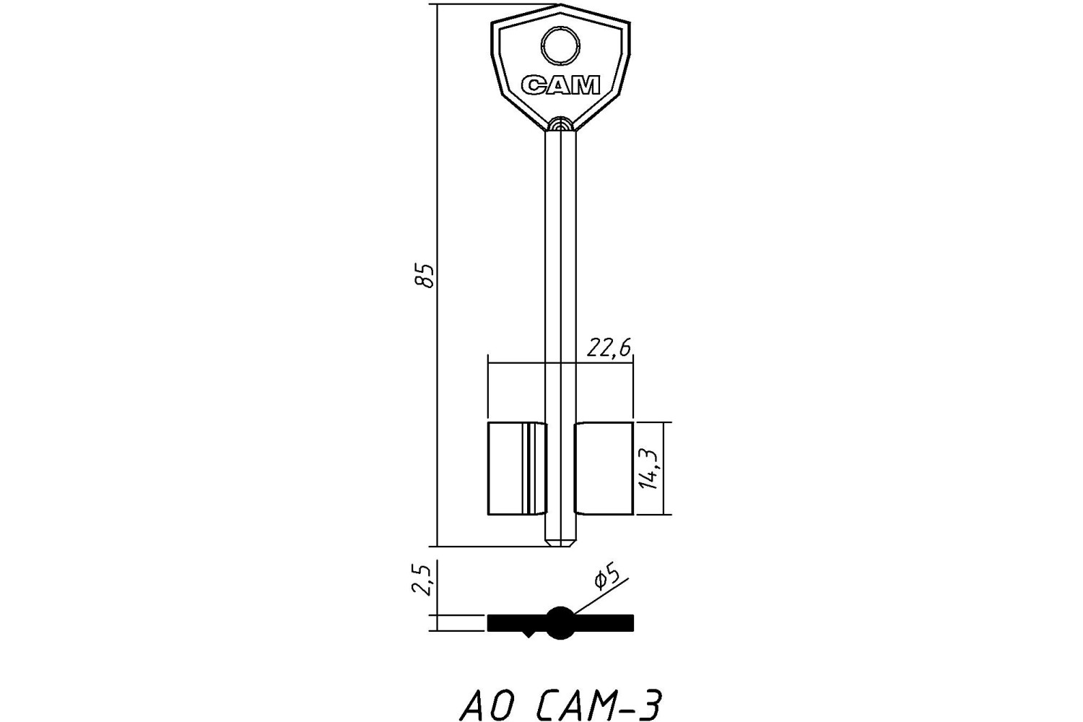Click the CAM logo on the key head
561,85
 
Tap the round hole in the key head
560,45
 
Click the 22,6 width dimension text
609,347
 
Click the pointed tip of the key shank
561,546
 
